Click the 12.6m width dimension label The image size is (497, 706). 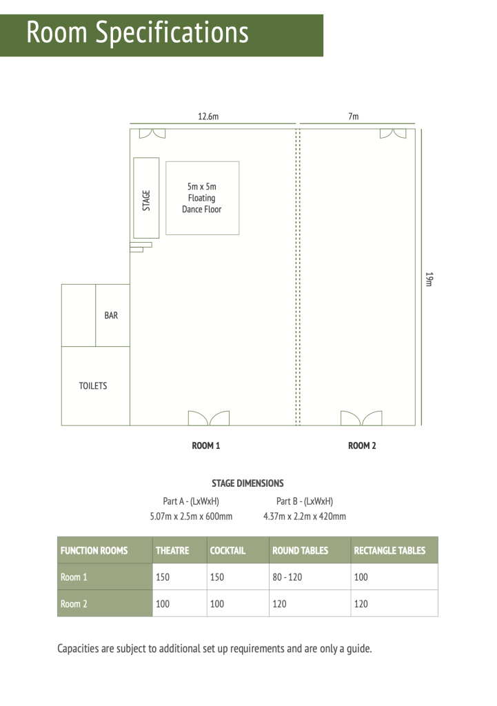[x=208, y=116]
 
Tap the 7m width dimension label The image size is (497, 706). [x=354, y=116]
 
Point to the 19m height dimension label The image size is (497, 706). [x=429, y=279]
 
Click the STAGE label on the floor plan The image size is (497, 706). [x=146, y=201]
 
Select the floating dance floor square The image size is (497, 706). [x=203, y=198]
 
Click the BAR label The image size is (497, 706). [x=111, y=315]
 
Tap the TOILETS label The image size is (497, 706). [x=93, y=386]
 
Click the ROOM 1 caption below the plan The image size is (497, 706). [x=205, y=446]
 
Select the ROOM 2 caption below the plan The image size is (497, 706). [x=362, y=446]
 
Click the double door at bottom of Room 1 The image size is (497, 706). [x=208, y=418]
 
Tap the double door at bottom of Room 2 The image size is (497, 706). [x=361, y=418]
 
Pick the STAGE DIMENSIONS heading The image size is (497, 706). [x=247, y=483]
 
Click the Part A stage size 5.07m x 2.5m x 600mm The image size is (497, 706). [x=192, y=516]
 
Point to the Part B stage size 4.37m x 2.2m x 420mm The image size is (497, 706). [x=305, y=516]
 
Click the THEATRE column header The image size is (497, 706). [x=172, y=550]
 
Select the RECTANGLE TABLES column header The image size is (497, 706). [x=389, y=550]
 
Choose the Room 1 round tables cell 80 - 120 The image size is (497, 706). [x=287, y=577]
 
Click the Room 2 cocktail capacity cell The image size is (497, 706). [x=217, y=604]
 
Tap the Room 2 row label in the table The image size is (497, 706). [x=74, y=604]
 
